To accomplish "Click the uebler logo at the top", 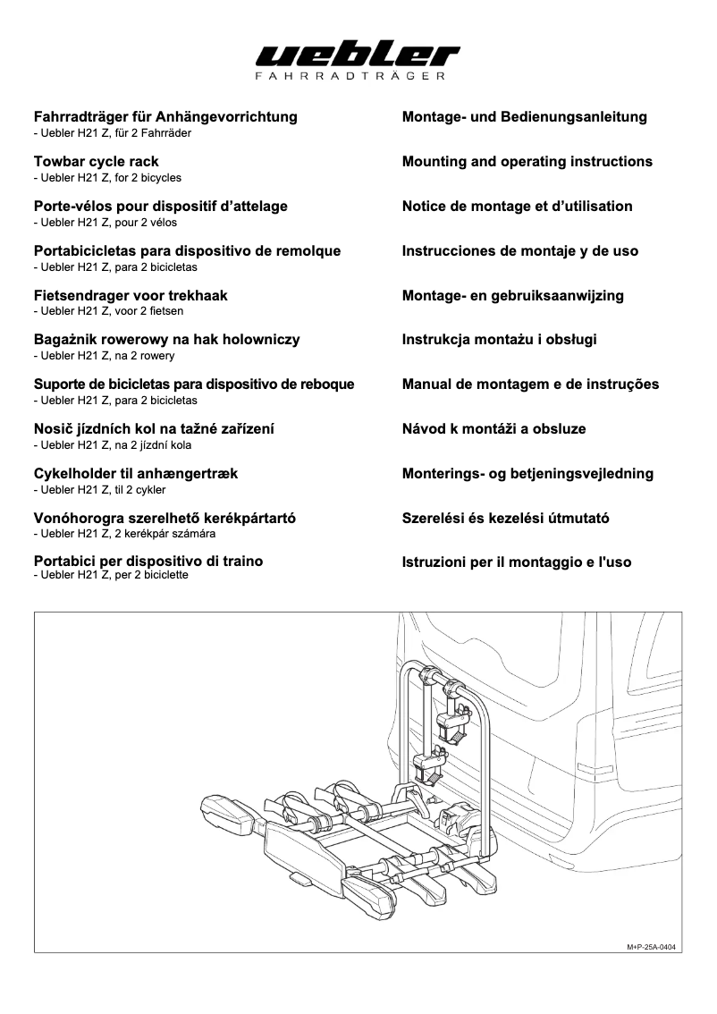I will [x=358, y=55].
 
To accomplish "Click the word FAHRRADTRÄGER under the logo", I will [x=358, y=78].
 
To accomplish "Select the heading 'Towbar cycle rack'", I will [x=96, y=162].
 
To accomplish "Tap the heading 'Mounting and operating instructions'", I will [x=527, y=162].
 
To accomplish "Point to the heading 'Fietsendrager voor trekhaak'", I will [x=131, y=296].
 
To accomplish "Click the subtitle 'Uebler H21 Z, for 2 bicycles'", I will [x=106, y=178].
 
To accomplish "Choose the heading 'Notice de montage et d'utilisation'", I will [x=517, y=207].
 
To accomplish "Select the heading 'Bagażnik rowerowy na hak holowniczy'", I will [x=166, y=340].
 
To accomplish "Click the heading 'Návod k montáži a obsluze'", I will [x=493, y=429].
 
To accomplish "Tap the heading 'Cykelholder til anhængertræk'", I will [x=135, y=474].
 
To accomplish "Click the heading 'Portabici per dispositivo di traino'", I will [x=148, y=562].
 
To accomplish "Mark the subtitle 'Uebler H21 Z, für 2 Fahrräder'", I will [x=112, y=133].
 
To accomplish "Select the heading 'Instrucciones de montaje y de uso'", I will [x=519, y=251].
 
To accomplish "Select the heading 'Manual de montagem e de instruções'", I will [x=530, y=384].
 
